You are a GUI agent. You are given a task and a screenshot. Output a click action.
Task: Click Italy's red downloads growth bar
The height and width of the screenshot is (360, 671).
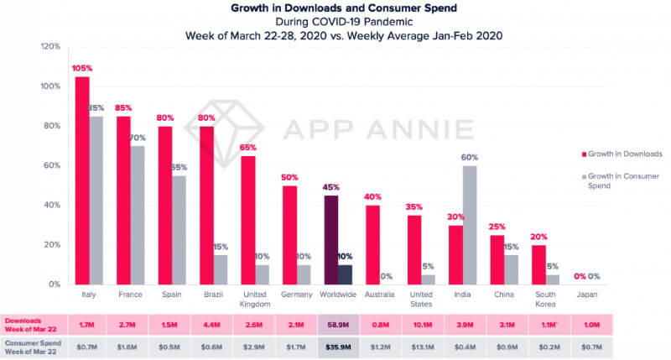(x=81, y=180)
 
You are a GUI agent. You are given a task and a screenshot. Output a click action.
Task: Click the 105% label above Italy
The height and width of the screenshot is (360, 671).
(x=81, y=69)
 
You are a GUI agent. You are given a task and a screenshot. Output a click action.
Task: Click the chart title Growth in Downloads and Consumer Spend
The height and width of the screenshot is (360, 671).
(x=335, y=8)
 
